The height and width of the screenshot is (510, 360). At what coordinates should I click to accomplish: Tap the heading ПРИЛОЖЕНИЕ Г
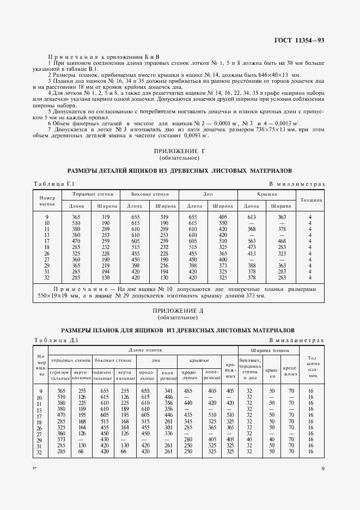click(180, 151)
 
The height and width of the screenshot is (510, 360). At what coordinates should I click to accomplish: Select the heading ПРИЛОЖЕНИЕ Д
click(180, 310)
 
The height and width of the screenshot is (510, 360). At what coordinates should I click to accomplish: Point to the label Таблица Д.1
click(56, 341)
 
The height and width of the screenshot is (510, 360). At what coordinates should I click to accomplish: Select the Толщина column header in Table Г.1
click(311, 199)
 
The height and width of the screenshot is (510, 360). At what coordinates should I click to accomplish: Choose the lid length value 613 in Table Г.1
click(252, 217)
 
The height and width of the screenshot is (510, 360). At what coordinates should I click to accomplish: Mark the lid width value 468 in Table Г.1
click(281, 240)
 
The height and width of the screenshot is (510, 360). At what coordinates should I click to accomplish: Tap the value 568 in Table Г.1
click(252, 229)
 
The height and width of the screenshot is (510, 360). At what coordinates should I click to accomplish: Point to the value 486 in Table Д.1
click(169, 397)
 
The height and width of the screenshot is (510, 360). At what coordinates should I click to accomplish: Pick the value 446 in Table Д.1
click(169, 415)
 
